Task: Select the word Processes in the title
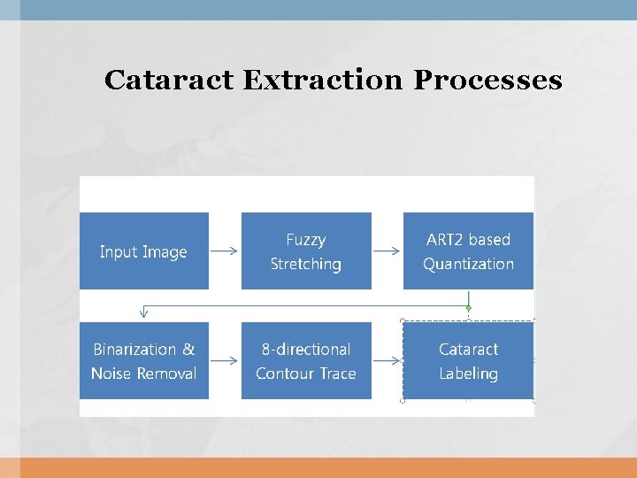coord(487,80)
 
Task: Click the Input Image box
coord(144,251)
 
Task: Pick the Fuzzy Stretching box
coord(306,251)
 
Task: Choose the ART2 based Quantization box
coord(468,251)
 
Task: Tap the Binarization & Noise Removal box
coord(144,361)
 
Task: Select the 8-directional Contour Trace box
coord(306,361)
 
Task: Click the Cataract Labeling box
coord(468,361)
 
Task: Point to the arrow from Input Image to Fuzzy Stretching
coord(225,251)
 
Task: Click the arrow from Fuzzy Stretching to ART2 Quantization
coord(387,251)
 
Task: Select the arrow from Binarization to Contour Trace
coord(225,361)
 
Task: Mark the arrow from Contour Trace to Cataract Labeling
coord(387,361)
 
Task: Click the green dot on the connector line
coord(469,308)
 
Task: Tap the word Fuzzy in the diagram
coord(306,240)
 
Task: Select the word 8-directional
coord(306,350)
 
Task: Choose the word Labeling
coord(468,374)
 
